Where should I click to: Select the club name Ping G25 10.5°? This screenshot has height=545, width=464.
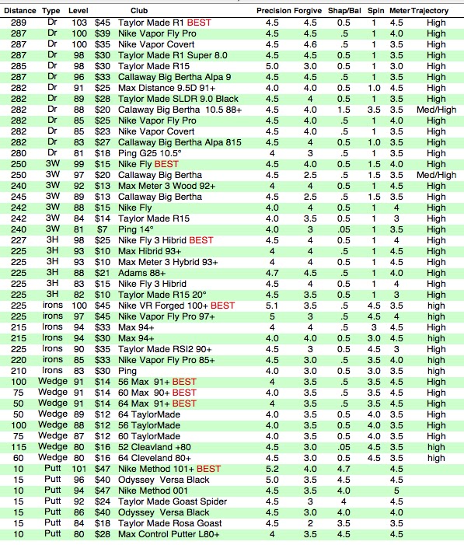150,154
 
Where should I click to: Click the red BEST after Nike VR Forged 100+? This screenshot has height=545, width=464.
223,306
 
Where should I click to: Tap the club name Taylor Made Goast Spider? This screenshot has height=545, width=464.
173,501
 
